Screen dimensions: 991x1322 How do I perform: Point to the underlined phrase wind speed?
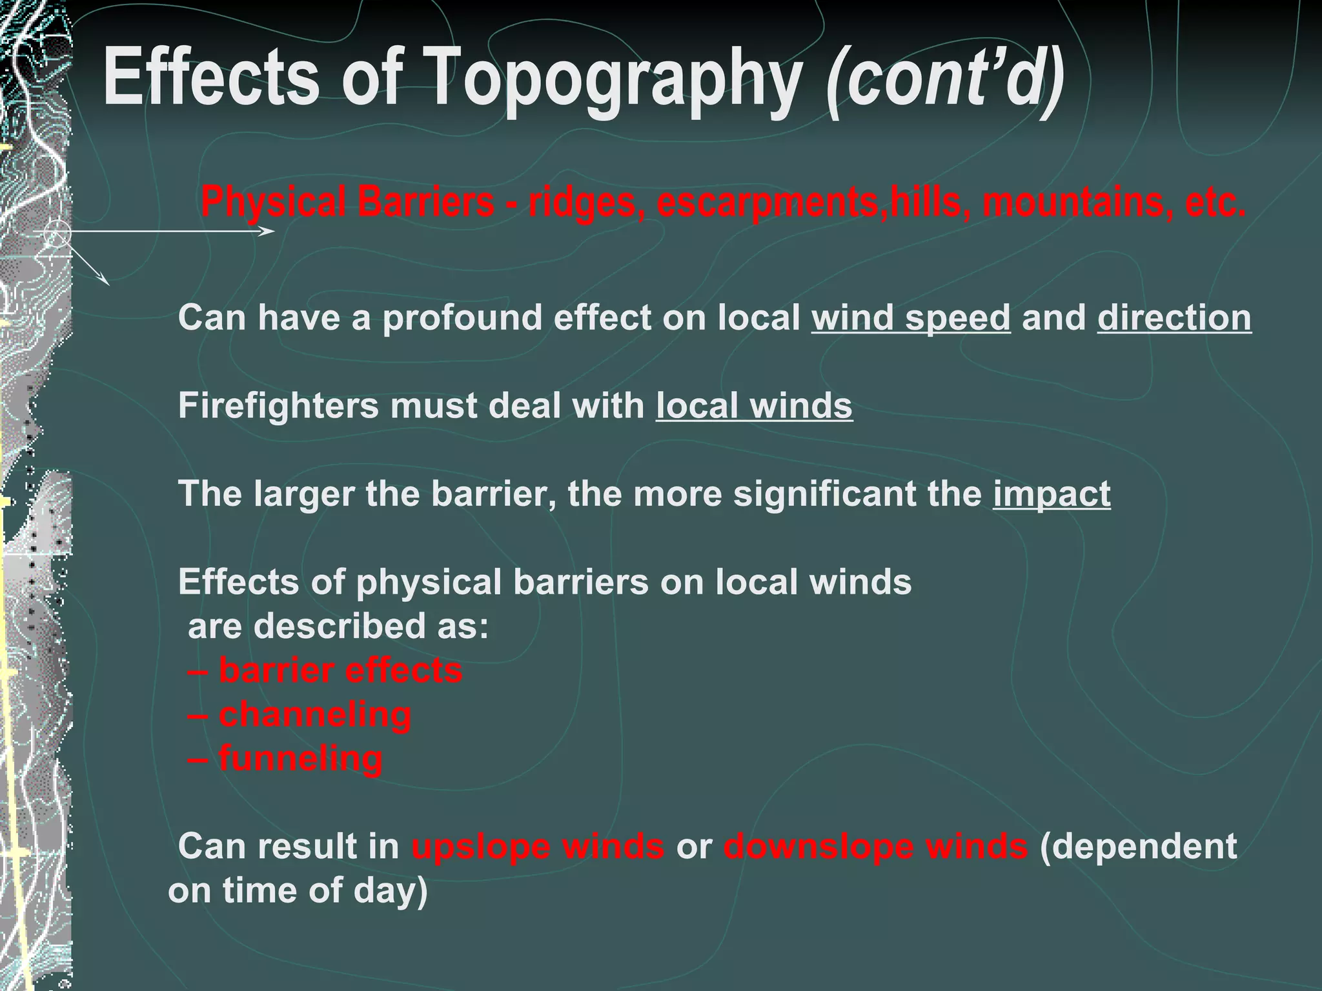coord(910,318)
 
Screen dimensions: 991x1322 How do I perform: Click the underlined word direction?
coord(1174,318)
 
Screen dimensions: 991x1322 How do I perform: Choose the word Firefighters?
coord(278,406)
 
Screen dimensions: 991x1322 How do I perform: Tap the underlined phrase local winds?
coord(754,406)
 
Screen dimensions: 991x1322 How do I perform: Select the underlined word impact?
coord(1052,494)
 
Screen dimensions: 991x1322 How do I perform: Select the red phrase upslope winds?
coord(538,846)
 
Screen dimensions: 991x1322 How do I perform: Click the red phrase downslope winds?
coord(875,846)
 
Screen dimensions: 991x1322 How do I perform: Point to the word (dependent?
coord(1138,846)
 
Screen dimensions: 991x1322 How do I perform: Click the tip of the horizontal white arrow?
coord(274,231)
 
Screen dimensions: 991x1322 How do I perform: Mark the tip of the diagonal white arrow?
coord(108,285)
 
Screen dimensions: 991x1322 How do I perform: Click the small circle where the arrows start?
coord(57,234)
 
